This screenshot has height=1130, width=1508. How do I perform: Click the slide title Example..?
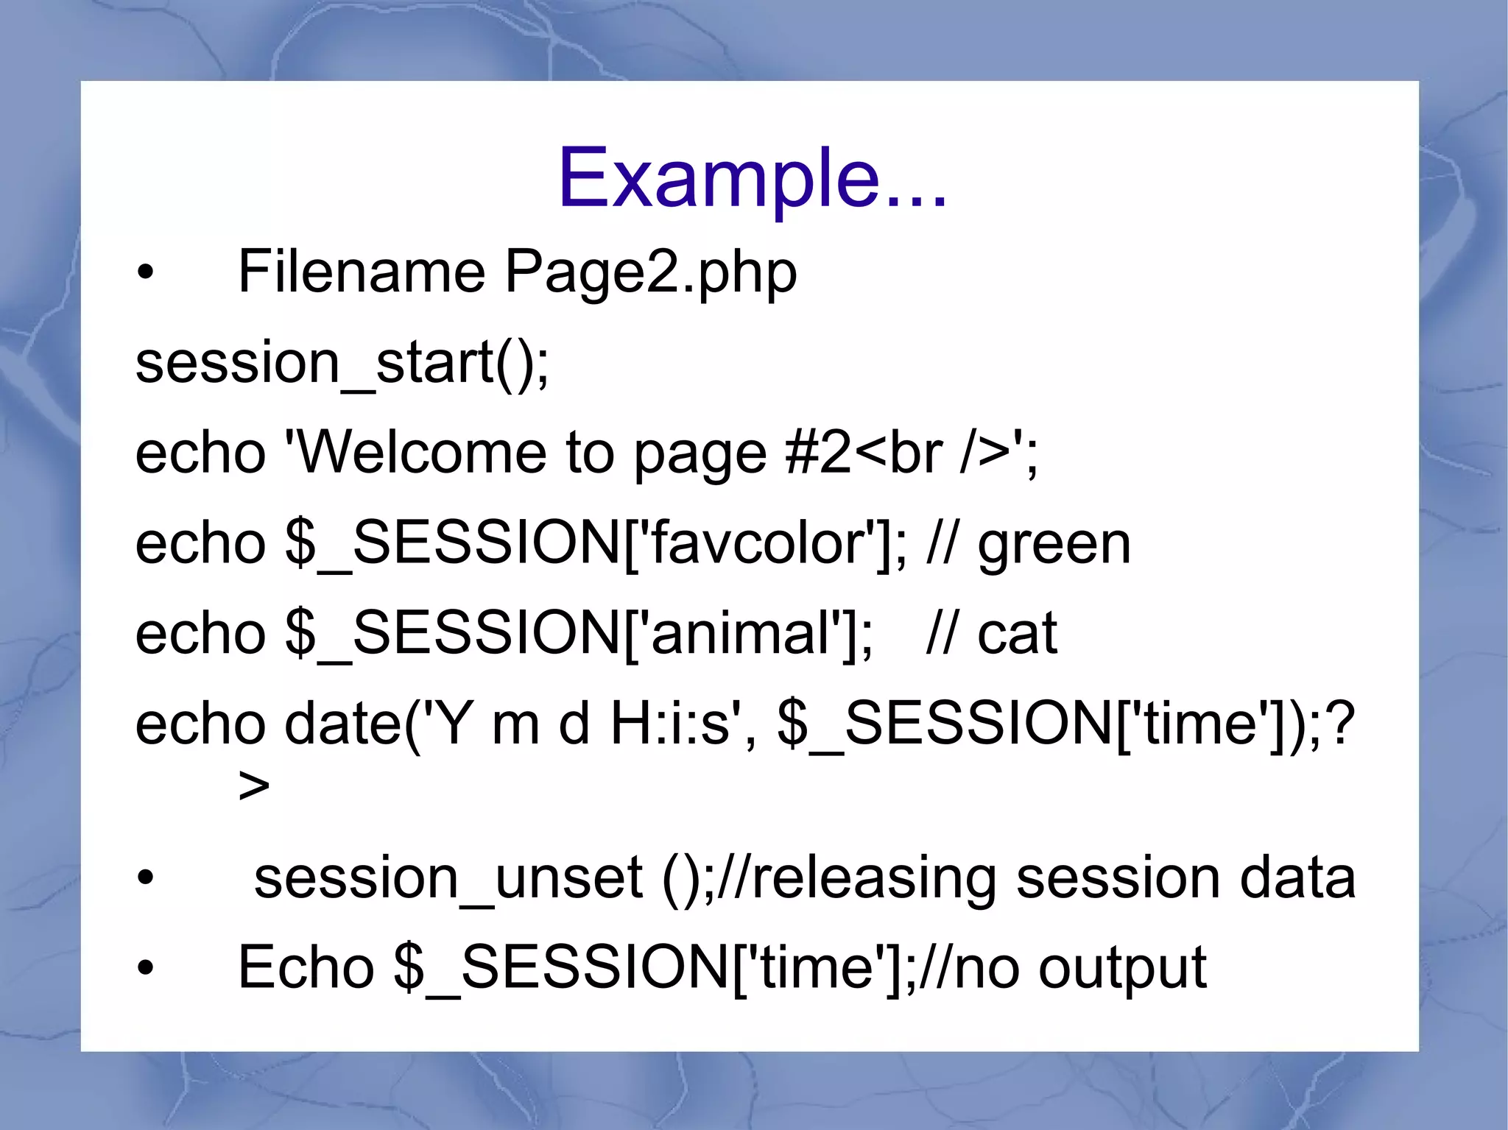(751, 179)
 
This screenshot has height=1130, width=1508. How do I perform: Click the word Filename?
(361, 272)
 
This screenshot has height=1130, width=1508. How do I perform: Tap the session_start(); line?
(342, 362)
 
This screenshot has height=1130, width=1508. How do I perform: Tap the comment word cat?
(1017, 635)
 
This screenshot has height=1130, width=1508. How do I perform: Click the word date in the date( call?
(343, 724)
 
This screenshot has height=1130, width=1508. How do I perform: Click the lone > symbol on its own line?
(254, 786)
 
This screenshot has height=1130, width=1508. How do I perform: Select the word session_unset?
(448, 877)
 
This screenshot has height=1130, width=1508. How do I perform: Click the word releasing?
(873, 879)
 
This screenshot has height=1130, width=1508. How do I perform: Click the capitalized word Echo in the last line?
(306, 967)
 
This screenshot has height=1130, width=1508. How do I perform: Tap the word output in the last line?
(1122, 969)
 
